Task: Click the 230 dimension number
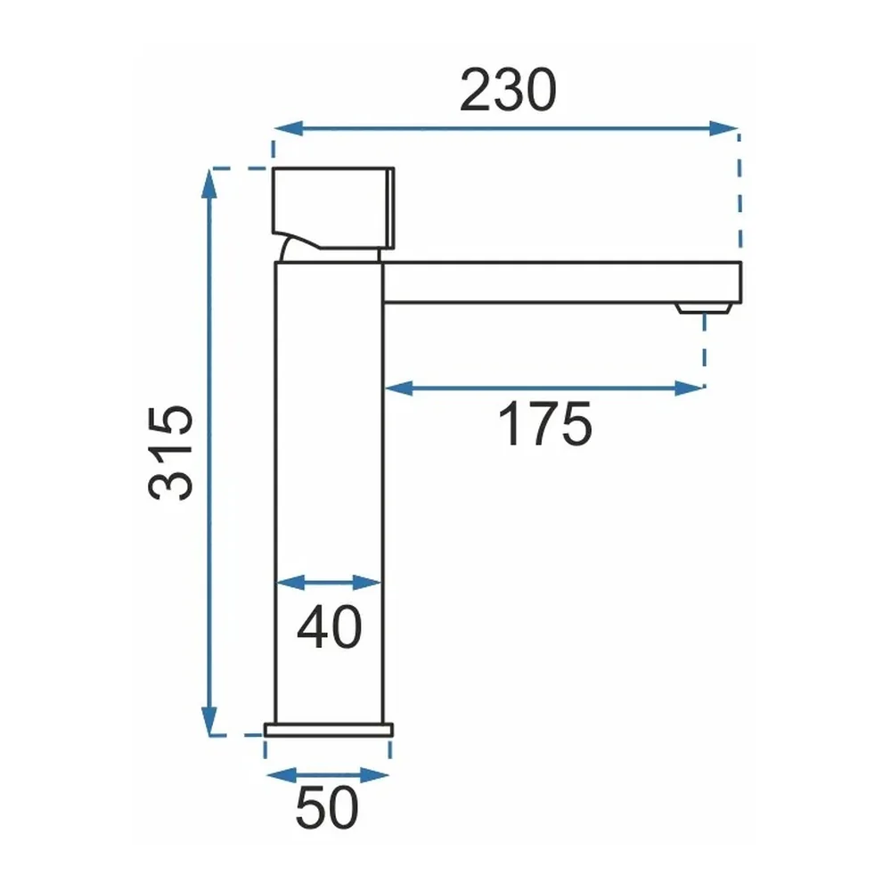[508, 90]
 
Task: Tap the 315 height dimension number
[171, 453]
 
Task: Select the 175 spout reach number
[545, 423]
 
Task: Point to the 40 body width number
[329, 626]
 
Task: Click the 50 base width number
[327, 807]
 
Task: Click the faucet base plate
[329, 731]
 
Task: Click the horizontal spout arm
[562, 282]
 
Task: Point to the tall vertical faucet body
[329, 492]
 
